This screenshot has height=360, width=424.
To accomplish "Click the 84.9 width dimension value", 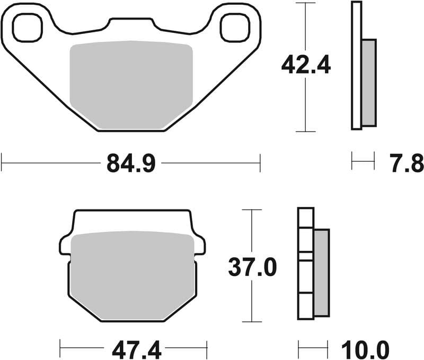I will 130,164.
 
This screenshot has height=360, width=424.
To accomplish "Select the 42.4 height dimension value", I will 306,66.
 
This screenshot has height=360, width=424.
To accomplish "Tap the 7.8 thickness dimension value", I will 409,163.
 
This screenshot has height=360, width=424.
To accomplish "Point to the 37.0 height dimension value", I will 252,267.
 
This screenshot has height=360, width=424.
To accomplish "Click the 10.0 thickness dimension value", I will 366,350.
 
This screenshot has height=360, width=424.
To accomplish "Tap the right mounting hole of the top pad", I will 234,28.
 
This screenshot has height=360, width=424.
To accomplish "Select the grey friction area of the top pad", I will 130,85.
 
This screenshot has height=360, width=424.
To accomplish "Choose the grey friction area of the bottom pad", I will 132,276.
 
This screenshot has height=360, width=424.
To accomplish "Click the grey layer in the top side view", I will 368,83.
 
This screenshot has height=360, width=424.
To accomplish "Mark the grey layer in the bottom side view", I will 321,273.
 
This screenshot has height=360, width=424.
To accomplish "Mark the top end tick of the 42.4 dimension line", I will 306,3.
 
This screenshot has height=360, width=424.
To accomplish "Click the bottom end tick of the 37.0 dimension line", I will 252,322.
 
